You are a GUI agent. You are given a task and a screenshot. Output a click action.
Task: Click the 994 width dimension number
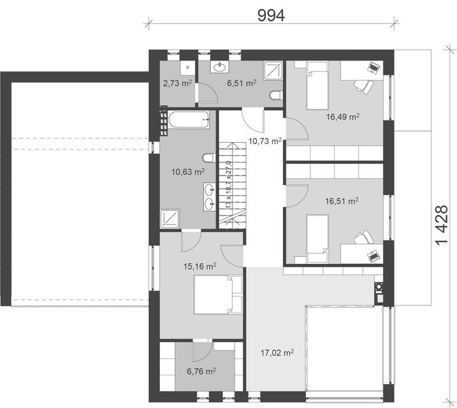(x=271, y=16)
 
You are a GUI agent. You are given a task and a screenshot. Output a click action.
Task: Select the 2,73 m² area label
(x=177, y=84)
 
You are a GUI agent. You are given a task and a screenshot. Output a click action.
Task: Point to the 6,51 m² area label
(x=241, y=84)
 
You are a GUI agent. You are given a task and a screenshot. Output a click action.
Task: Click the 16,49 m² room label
(x=343, y=117)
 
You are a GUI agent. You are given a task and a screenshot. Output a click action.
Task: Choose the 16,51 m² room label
(x=341, y=201)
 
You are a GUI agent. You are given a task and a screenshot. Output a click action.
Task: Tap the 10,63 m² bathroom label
(x=188, y=171)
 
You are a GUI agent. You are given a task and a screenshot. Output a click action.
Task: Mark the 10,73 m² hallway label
(x=265, y=141)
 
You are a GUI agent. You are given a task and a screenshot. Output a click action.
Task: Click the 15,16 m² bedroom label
(x=200, y=266)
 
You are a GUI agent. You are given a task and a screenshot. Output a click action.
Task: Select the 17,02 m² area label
(x=277, y=353)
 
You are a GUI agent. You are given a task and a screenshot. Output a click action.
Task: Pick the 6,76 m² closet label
(x=201, y=371)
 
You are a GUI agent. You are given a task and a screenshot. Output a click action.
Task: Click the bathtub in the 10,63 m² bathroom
(x=189, y=120)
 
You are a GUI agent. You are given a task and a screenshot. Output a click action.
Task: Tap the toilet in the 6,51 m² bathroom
(x=275, y=95)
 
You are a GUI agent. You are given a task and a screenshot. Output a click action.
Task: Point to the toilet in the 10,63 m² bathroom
(x=209, y=158)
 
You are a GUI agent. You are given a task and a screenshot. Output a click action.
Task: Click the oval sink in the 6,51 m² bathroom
(x=220, y=67)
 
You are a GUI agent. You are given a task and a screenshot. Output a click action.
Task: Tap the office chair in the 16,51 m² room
(x=363, y=237)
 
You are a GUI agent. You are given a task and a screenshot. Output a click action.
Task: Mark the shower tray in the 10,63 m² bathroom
(x=170, y=218)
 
